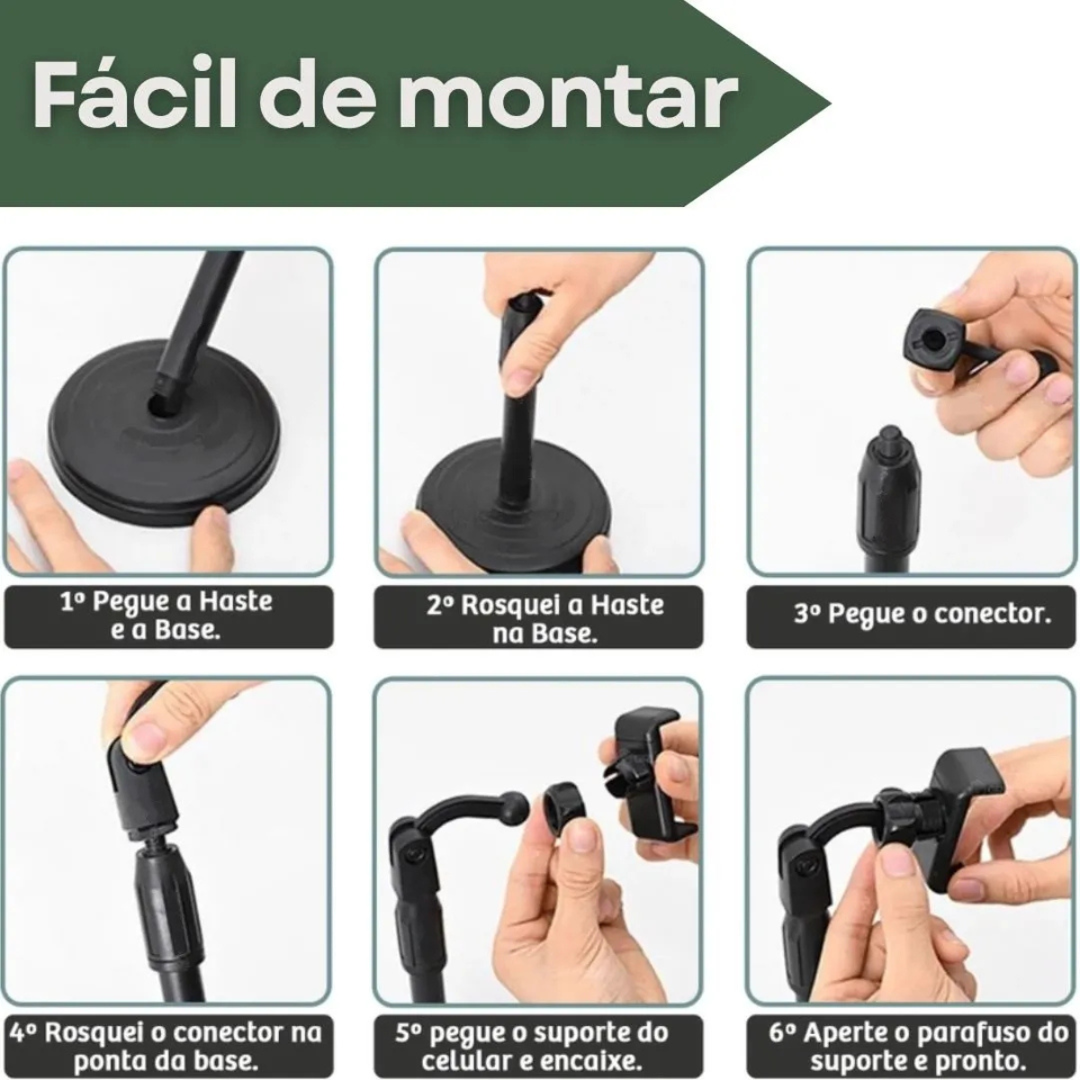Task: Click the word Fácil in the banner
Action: coord(134,95)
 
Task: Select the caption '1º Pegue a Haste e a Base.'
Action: coord(166,616)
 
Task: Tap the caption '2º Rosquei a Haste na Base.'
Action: coord(544,618)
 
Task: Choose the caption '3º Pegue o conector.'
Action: coord(922,615)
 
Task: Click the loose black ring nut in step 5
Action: coord(562,808)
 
